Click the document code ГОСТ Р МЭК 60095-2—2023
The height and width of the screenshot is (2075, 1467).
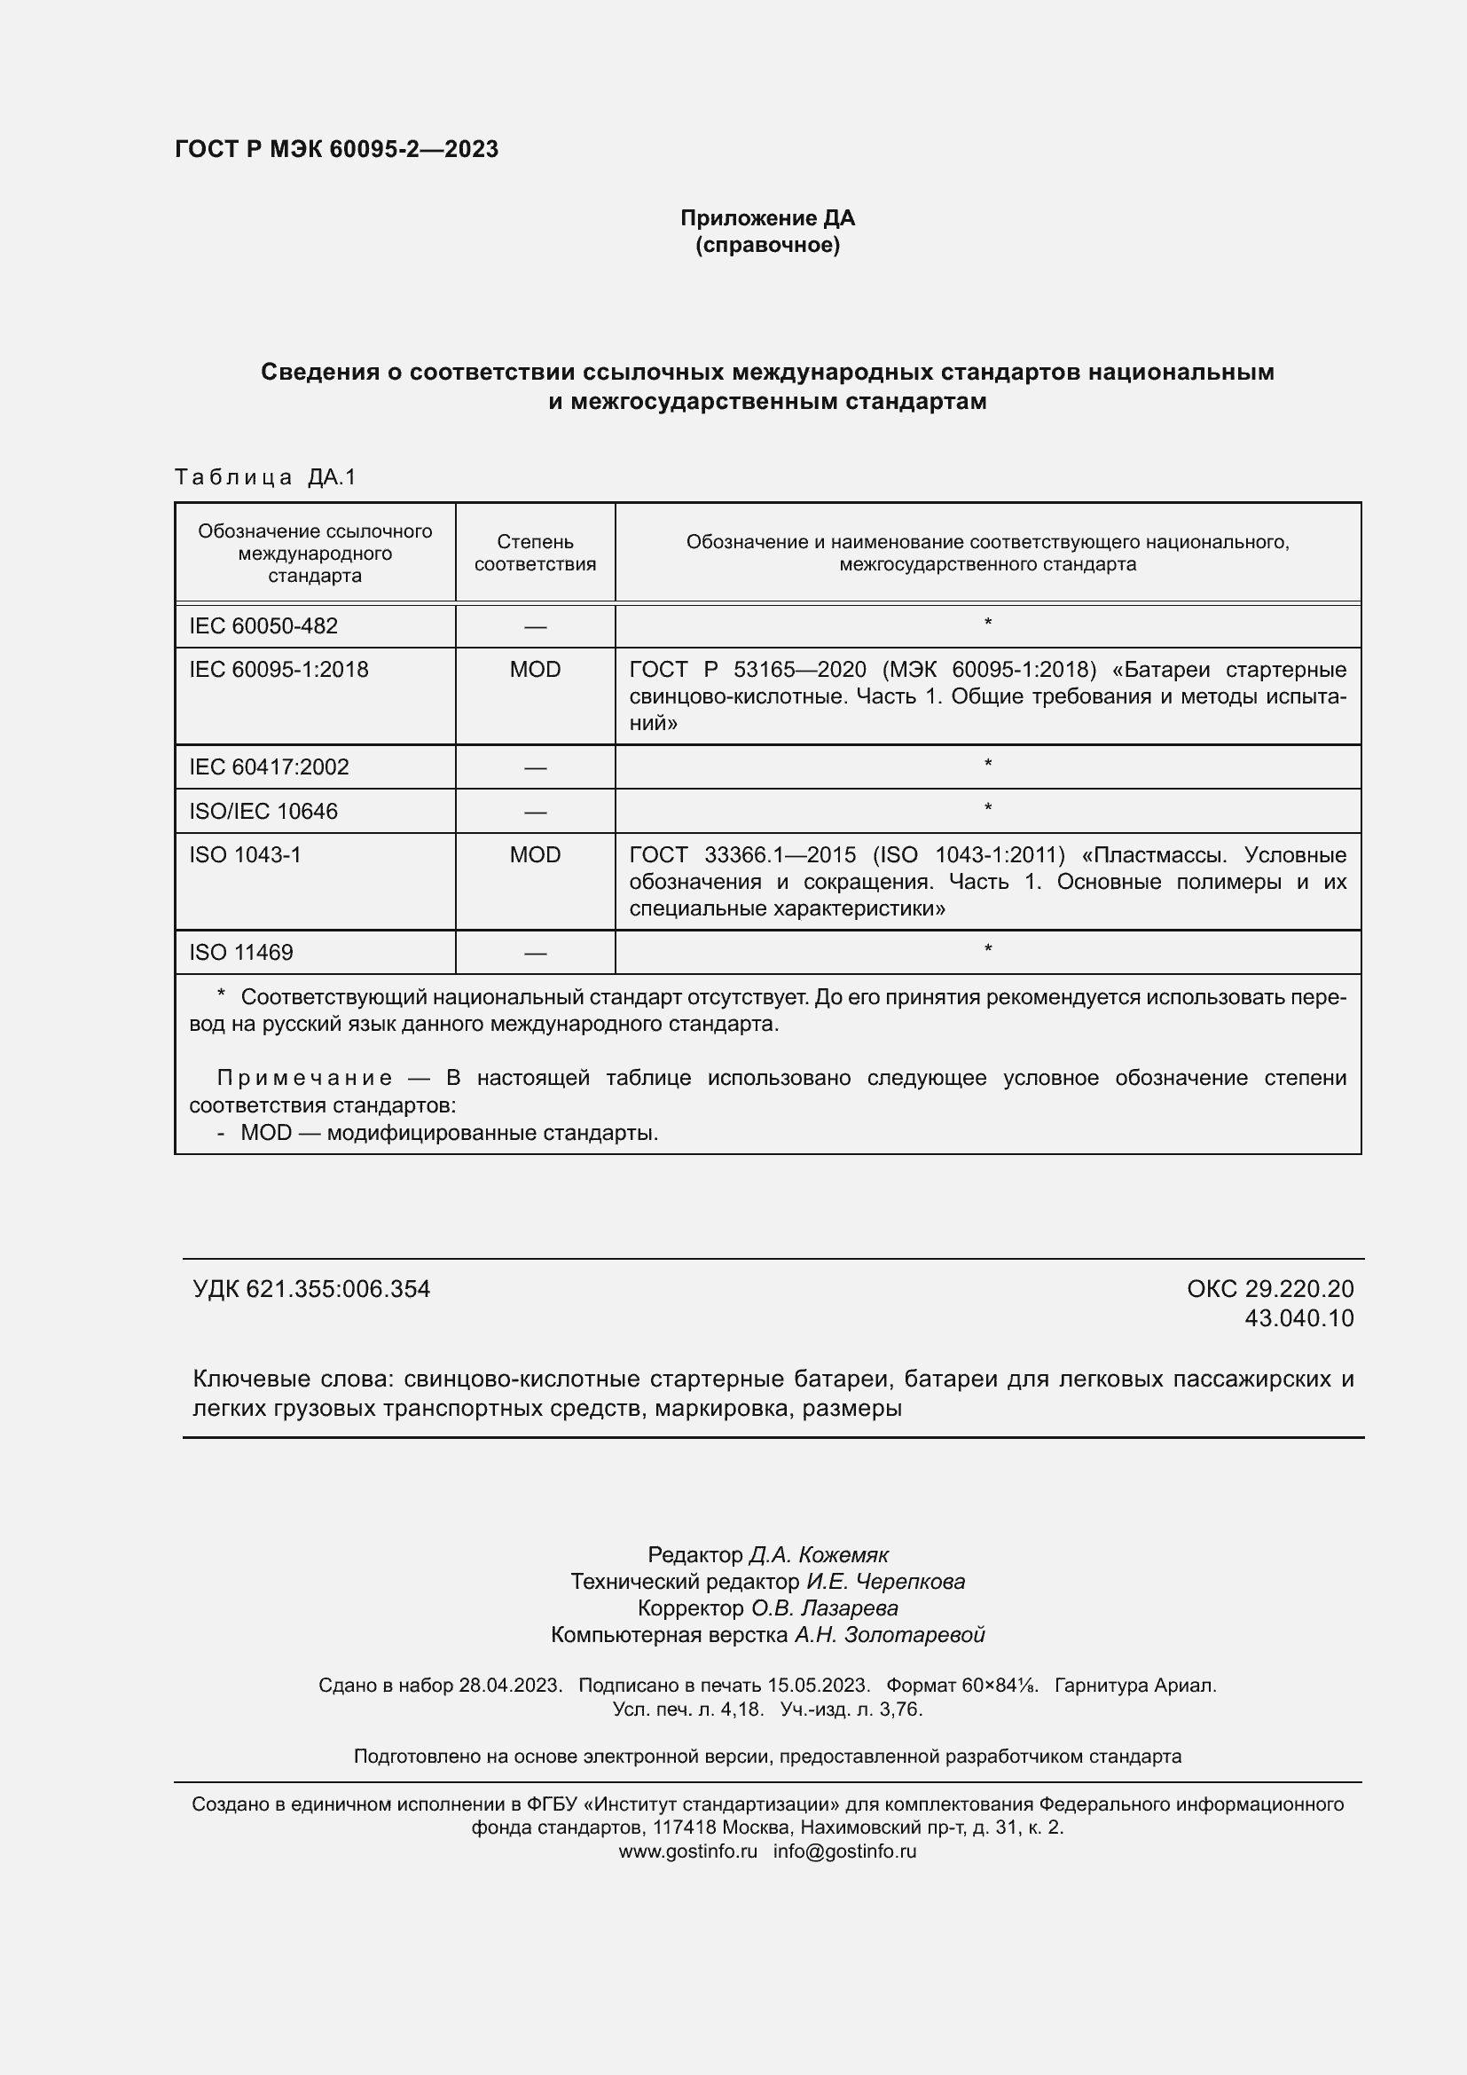tap(336, 149)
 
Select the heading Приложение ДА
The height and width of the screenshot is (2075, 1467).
tap(767, 218)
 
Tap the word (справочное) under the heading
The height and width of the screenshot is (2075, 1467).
tap(767, 245)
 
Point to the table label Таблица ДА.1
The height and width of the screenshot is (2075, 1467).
tap(265, 476)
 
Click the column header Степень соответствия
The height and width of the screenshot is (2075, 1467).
tap(535, 552)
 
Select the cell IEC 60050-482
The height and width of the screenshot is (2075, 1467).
tap(263, 625)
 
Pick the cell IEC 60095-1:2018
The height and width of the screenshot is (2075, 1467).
tap(278, 670)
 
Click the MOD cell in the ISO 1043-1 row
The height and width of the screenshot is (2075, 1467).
tap(535, 855)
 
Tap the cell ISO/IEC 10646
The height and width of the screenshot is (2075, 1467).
tap(263, 812)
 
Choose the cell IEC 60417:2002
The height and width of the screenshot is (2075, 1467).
tap(268, 767)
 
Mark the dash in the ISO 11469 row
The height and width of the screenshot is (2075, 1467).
tap(535, 953)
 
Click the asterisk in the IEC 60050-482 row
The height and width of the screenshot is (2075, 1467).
tap(987, 624)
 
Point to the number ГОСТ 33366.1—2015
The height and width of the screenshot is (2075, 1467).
tap(741, 855)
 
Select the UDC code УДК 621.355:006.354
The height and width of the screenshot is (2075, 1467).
tap(310, 1290)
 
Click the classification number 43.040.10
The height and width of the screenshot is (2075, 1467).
tap(1299, 1318)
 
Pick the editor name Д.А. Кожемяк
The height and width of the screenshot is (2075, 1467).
tap(819, 1555)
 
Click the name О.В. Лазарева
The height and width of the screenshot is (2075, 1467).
tap(824, 1607)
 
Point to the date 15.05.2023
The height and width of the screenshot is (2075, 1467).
tap(819, 1686)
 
